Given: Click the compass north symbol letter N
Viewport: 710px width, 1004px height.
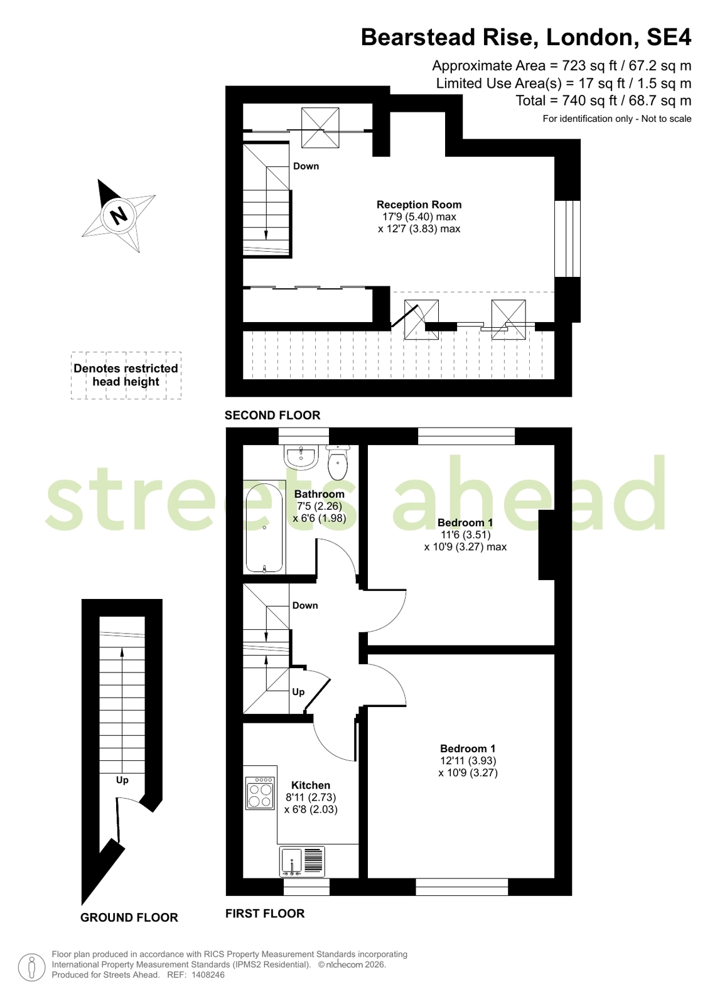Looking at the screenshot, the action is click(x=119, y=216).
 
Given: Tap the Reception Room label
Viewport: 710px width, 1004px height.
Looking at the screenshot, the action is click(x=419, y=205).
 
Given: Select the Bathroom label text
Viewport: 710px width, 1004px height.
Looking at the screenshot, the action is click(x=319, y=494).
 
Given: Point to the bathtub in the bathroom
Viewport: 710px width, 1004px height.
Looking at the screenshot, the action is click(x=264, y=527).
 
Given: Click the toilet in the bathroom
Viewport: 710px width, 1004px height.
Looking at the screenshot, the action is click(x=338, y=463).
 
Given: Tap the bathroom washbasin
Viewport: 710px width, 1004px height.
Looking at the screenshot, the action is click(x=301, y=458).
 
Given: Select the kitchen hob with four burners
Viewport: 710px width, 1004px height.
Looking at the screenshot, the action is click(x=260, y=794).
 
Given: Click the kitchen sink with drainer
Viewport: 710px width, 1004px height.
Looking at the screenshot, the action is click(x=302, y=861).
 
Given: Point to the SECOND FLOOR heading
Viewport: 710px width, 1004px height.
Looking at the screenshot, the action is click(x=272, y=415).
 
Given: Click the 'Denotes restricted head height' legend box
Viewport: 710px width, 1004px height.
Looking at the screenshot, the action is click(x=126, y=375).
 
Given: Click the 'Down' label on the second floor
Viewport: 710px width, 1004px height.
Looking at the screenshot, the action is click(x=306, y=166).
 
